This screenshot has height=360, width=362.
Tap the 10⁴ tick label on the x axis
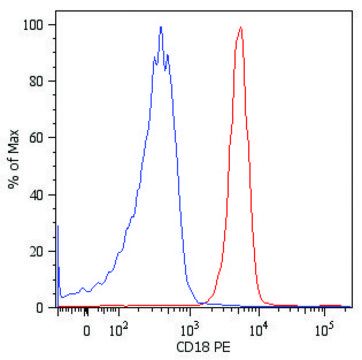258,326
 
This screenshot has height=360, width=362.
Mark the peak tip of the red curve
241,28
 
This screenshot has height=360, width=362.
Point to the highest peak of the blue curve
160,28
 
